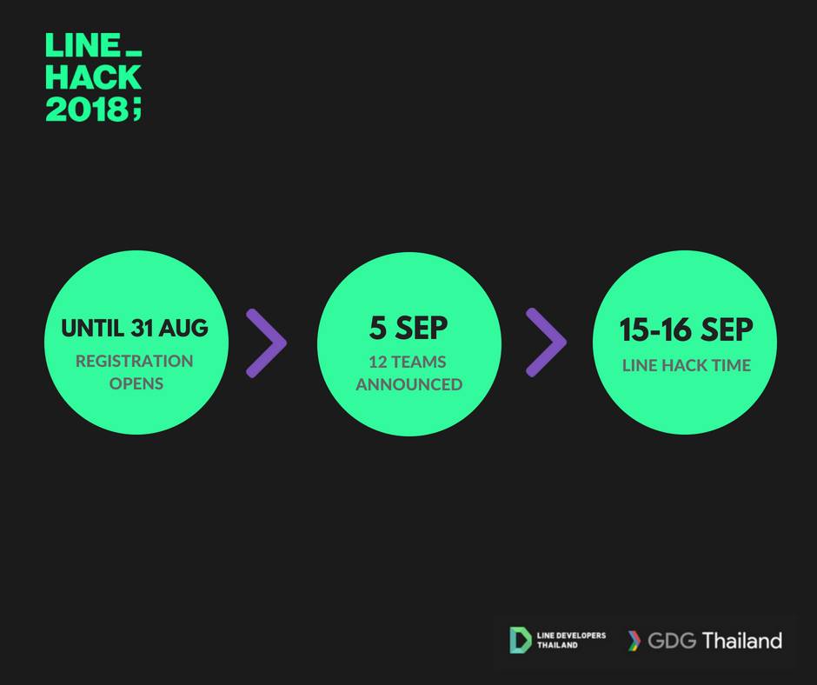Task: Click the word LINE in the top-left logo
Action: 83,45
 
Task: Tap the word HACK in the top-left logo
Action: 93,77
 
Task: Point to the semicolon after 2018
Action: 136,110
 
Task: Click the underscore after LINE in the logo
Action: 133,53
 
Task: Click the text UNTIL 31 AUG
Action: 135,328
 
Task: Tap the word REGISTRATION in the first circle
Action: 135,361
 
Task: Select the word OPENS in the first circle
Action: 136,383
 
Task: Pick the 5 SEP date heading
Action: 408,328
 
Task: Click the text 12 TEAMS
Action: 408,362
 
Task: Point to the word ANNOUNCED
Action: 409,384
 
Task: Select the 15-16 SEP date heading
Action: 687,330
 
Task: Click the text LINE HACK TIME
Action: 687,365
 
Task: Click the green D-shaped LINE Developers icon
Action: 520,640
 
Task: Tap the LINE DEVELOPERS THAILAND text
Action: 571,640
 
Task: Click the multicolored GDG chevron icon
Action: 634,641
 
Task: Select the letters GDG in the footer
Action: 672,641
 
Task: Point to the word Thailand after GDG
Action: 742,640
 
